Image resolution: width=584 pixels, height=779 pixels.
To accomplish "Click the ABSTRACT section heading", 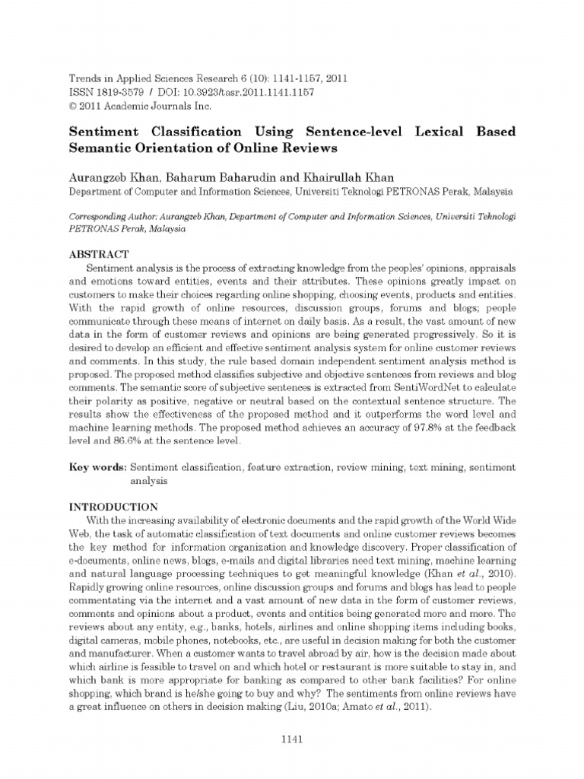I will (99, 253).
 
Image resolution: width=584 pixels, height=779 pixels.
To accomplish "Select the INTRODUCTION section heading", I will (113, 507).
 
